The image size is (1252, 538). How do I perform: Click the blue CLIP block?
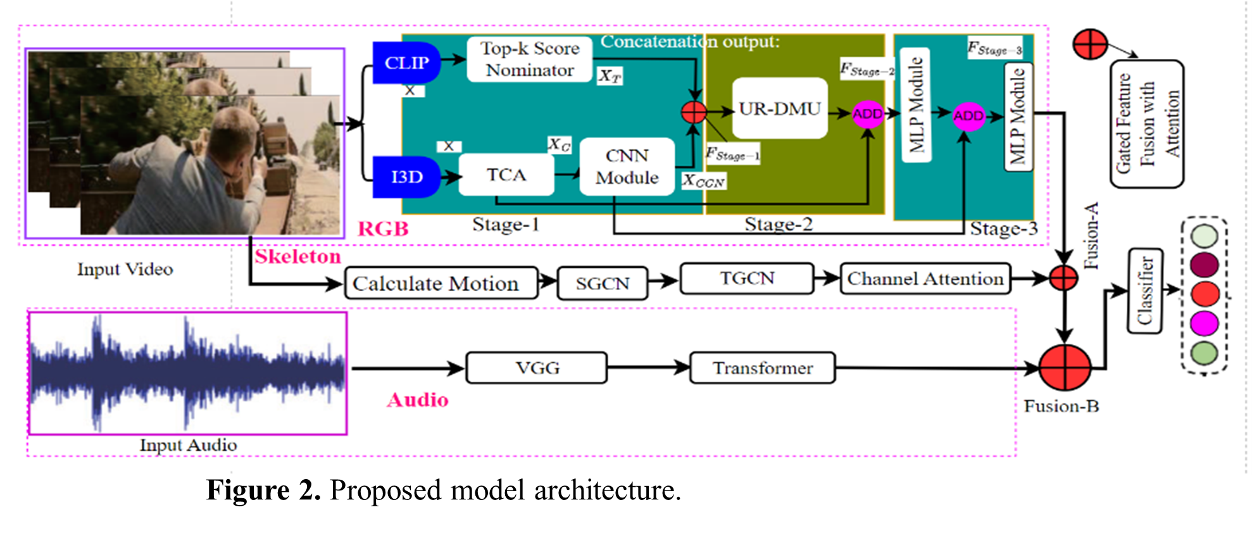406,63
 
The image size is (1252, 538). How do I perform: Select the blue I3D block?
406,177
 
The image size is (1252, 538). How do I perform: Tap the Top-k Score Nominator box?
529,59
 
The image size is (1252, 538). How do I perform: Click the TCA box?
506,175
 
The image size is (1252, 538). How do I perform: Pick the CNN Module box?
627,166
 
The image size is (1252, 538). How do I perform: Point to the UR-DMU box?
779,108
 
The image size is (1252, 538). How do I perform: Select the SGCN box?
602,283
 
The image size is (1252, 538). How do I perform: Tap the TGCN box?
747,278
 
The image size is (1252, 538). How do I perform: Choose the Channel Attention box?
925,279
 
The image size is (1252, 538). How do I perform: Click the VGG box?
537,368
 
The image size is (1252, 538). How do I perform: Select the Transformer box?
762,368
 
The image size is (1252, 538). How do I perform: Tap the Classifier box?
1144,291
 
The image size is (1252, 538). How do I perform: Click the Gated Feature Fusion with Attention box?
1146,123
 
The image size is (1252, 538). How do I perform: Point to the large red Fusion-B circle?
1065,367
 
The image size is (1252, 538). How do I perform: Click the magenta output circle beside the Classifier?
1204,323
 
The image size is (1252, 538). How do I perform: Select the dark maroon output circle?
1204,265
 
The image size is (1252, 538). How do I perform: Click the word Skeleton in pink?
297,256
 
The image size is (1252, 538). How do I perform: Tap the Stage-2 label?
778,224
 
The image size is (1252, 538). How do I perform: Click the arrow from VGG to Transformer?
648,367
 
